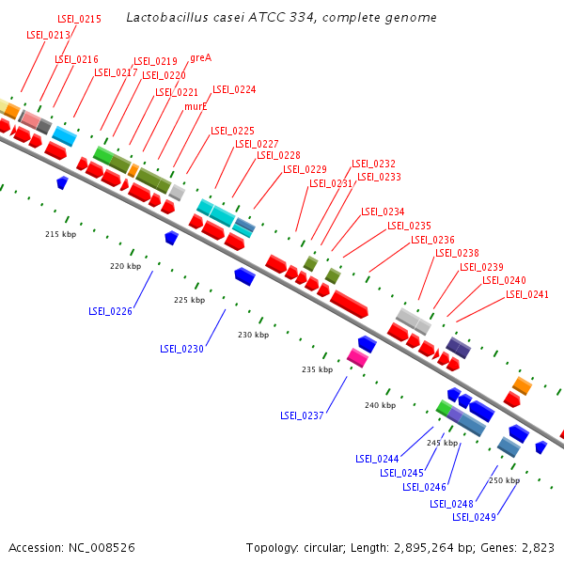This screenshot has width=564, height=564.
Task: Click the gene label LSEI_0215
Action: click(79, 18)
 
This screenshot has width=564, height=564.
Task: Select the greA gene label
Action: click(200, 57)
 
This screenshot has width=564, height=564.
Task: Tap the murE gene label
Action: click(196, 106)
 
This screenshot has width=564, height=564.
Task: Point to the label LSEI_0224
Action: click(234, 90)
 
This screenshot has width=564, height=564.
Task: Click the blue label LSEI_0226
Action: click(110, 311)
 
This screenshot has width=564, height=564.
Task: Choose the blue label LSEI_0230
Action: click(181, 349)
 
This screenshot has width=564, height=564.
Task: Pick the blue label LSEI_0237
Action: click(302, 415)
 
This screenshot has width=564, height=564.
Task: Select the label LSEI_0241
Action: click(527, 294)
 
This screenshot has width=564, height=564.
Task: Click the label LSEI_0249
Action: click(474, 516)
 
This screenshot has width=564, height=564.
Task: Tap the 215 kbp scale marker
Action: click(60, 233)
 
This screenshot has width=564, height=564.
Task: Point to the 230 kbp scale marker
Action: click(253, 335)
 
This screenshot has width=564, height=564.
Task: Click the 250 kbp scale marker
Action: click(504, 480)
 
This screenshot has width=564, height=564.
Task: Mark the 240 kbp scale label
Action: click(380, 405)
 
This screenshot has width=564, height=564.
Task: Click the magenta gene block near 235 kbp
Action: click(357, 356)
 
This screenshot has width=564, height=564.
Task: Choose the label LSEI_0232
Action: click(373, 164)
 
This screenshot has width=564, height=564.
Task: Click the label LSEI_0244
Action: click(377, 459)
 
